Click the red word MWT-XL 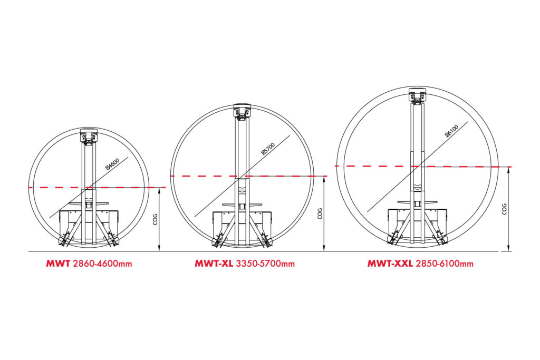click(x=214, y=264)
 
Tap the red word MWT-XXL click(x=390, y=264)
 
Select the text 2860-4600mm click(x=103, y=264)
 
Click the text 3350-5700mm click(x=265, y=264)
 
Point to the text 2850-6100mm click(x=444, y=264)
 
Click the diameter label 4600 click(x=113, y=163)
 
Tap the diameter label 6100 click(x=451, y=131)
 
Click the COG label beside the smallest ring click(x=155, y=219)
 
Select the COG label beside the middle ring click(x=320, y=213)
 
